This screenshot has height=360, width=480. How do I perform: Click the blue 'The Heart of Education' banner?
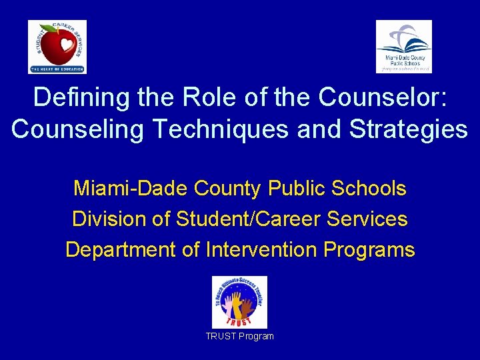click(x=57, y=69)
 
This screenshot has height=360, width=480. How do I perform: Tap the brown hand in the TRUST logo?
click(x=247, y=307)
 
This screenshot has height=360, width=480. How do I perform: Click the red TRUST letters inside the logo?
click(x=239, y=321)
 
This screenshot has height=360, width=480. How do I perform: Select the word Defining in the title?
click(x=81, y=97)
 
